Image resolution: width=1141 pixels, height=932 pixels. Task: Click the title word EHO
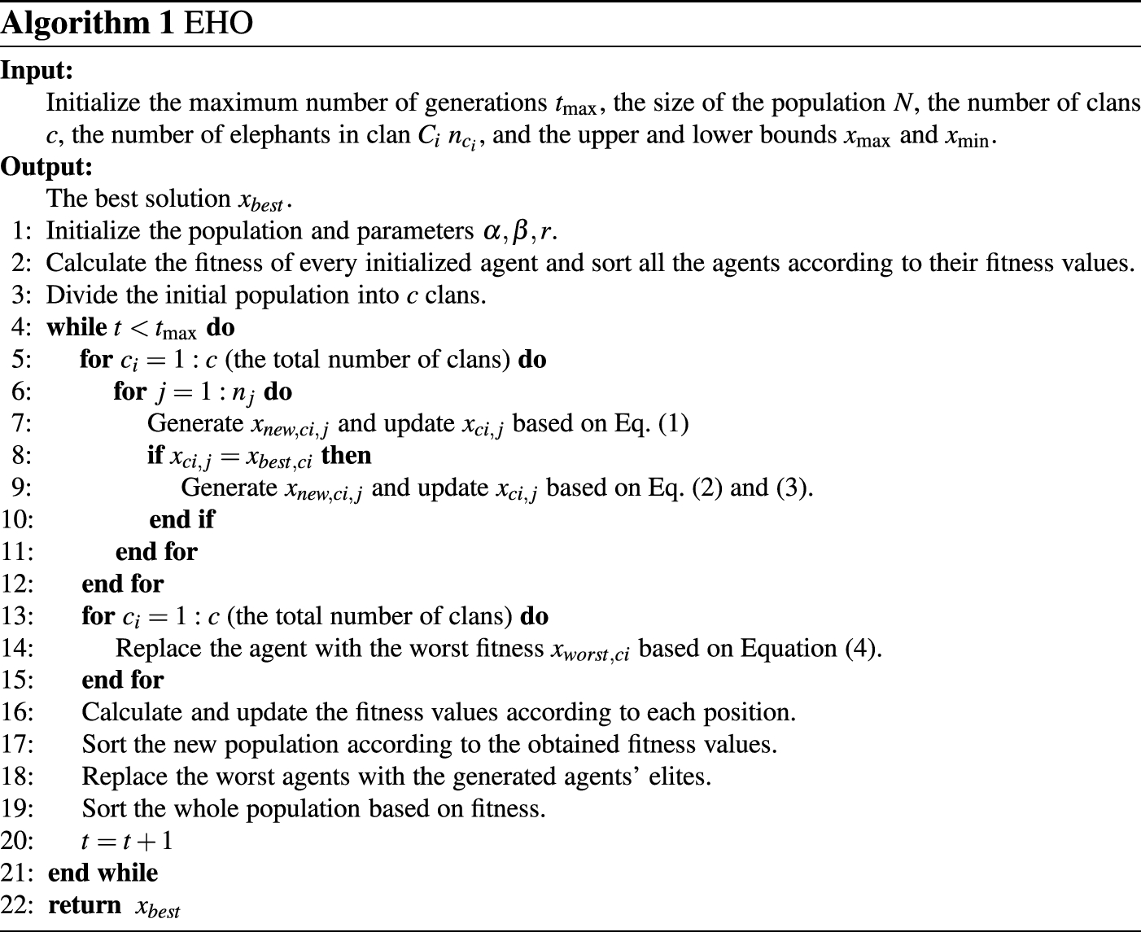(218, 23)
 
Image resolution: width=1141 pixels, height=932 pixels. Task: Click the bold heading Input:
(37, 71)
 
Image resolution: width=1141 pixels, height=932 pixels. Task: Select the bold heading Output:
(46, 167)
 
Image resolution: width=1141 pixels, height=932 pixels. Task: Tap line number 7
(23, 423)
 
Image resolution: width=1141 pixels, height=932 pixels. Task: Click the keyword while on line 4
(77, 327)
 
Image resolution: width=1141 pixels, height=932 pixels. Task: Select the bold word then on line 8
(347, 455)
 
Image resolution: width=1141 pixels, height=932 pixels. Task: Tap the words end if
(181, 519)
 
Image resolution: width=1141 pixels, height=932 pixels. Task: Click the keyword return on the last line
(85, 905)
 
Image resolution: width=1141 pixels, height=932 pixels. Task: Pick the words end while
(103, 873)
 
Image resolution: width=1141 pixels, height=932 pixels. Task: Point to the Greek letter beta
(521, 232)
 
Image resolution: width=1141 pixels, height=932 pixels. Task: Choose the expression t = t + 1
(128, 840)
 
